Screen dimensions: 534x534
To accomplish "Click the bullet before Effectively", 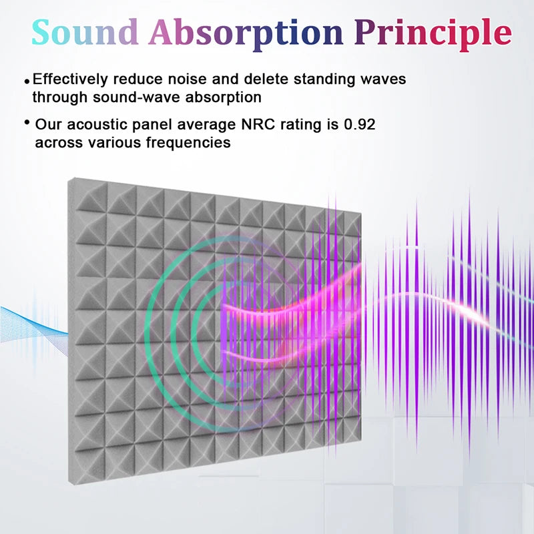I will (27, 81).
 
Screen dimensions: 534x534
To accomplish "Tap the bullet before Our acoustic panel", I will (27, 122).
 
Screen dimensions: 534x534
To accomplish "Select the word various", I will (121, 143).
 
